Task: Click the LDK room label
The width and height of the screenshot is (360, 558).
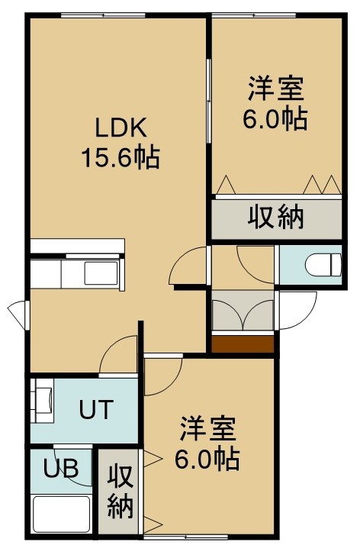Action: coord(120,128)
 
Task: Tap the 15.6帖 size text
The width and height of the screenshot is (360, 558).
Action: coord(121,157)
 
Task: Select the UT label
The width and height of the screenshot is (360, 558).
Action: coord(96,409)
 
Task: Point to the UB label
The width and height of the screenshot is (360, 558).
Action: coord(61,468)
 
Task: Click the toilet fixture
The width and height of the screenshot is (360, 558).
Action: coord(323,265)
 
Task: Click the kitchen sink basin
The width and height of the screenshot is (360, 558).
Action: coord(101,273)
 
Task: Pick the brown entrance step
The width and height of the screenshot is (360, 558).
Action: coord(243,344)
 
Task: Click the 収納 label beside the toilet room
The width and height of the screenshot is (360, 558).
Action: coord(276,216)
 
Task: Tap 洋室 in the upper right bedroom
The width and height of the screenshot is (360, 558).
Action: coord(276,89)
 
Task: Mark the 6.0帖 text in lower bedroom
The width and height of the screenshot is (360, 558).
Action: coord(207,460)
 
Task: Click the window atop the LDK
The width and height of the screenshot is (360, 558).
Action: coord(103,15)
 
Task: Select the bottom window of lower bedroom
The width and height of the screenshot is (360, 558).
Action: coord(185,537)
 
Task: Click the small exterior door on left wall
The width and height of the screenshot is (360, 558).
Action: coord(18,314)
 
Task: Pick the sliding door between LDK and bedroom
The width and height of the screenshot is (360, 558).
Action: coord(209,102)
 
